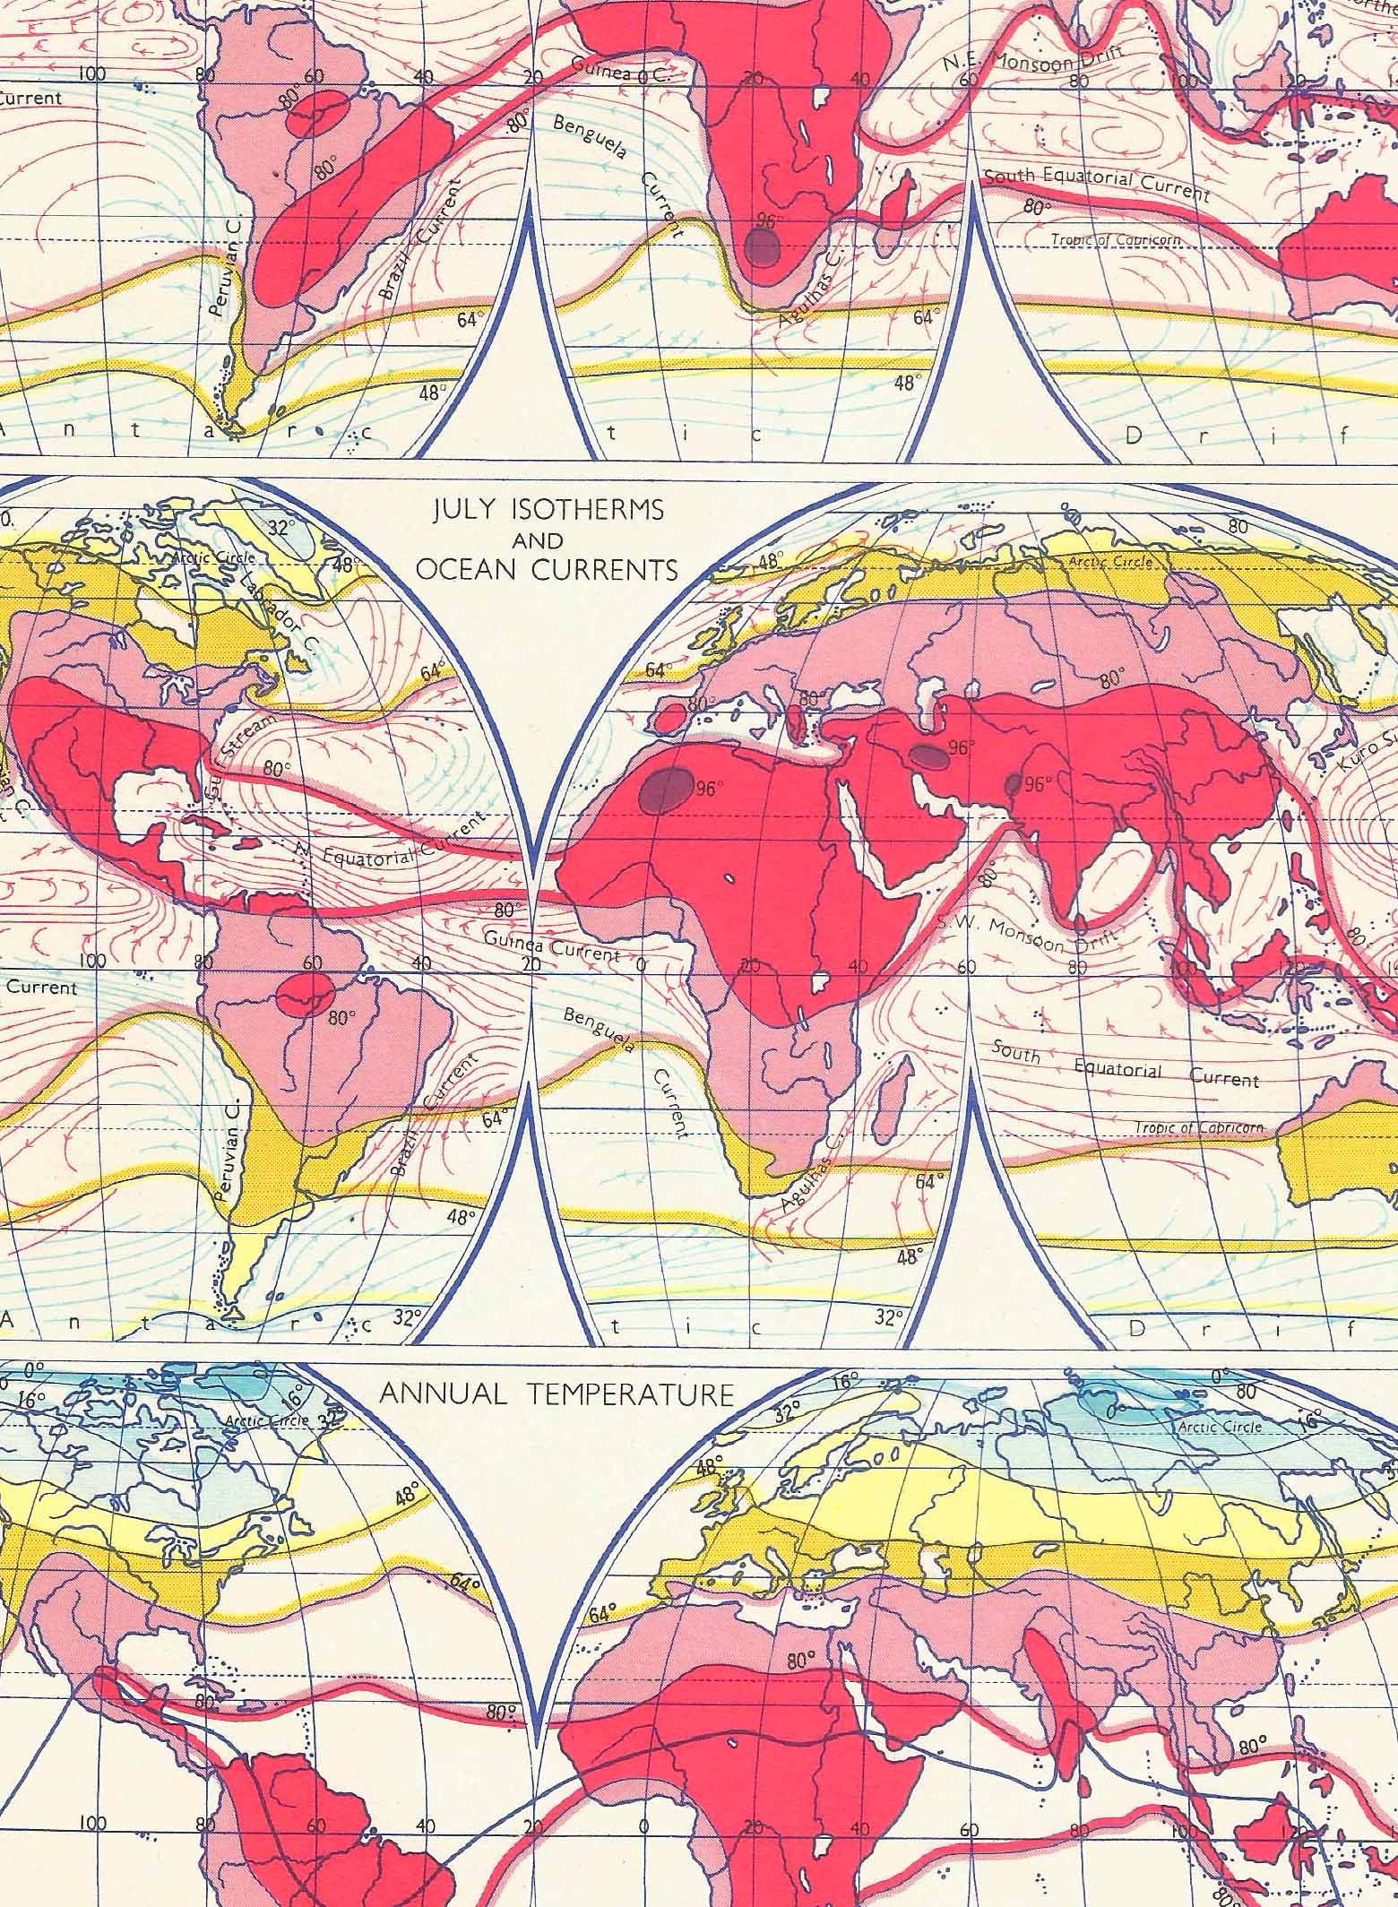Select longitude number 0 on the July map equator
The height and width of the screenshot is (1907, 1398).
(640, 965)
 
